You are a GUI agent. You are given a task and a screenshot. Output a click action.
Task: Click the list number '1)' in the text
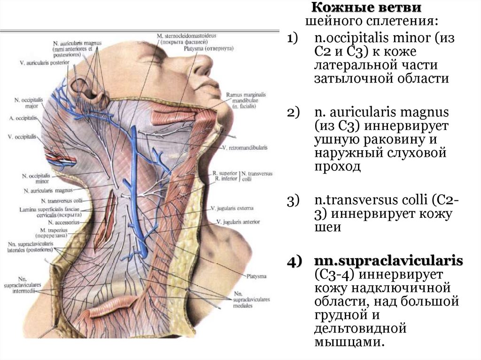coord(294,39)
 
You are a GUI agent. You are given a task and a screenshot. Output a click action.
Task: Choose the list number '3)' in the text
coord(294,201)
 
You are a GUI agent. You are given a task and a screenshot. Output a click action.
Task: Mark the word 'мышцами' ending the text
coord(351,342)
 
